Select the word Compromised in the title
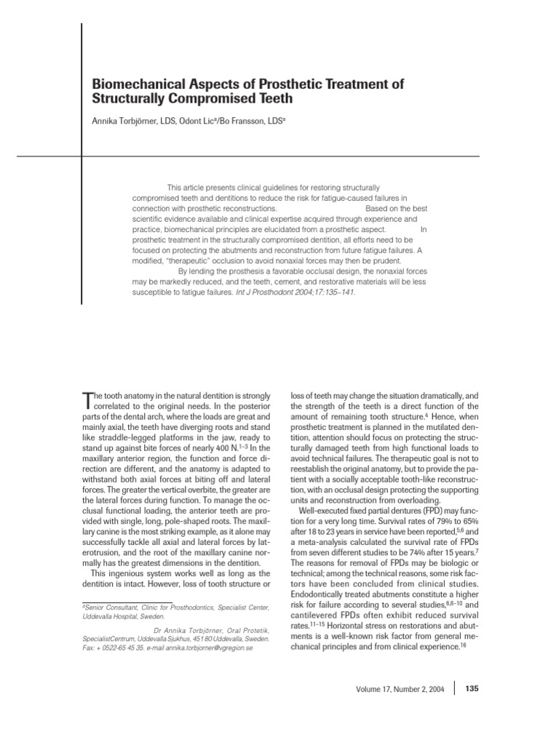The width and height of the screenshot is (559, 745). (x=201, y=98)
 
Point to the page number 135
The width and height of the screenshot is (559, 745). (x=471, y=688)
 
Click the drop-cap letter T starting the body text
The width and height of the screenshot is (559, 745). (x=89, y=400)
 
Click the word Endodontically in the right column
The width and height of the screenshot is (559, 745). (x=323, y=594)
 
